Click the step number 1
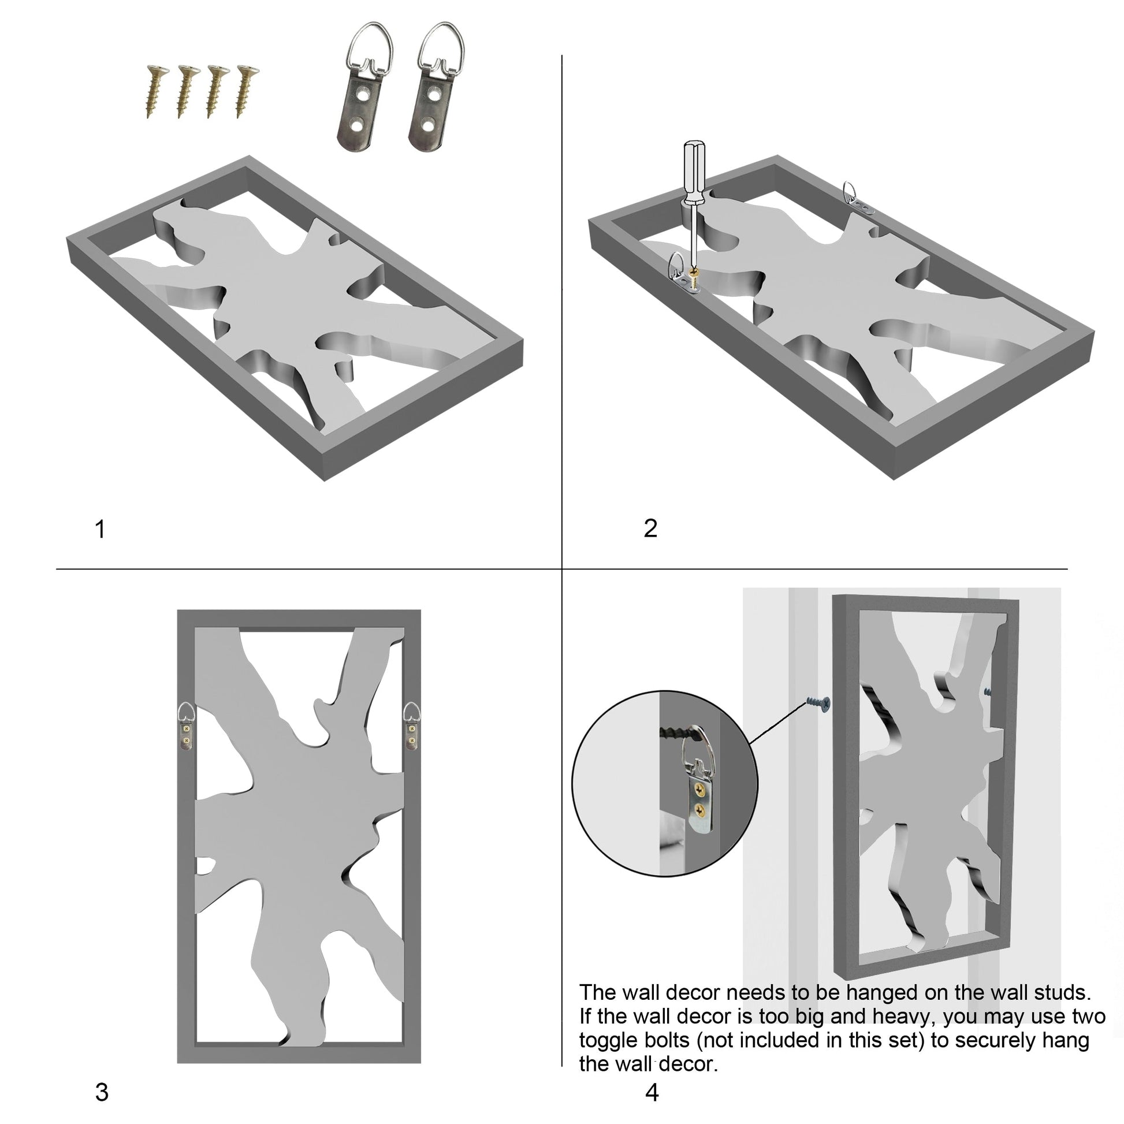(100, 530)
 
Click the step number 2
(650, 528)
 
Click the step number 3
(102, 1093)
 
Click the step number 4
(652, 1093)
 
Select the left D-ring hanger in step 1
(364, 85)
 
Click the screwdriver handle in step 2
(694, 172)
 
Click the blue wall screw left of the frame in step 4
(818, 704)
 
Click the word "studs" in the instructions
(1062, 992)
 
